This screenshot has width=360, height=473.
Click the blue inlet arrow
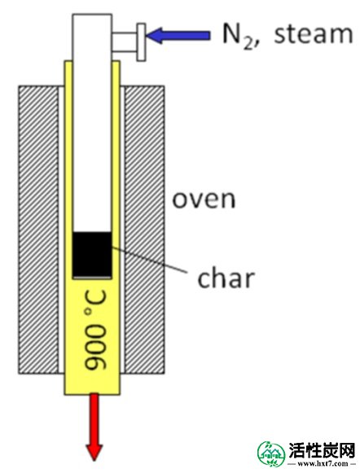tap(178, 35)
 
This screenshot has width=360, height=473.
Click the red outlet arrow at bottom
tap(94, 427)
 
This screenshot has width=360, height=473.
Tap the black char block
tap(92, 255)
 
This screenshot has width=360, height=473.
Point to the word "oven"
tap(204, 199)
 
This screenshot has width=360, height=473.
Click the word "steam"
tap(314, 33)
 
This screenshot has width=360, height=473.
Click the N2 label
tap(238, 35)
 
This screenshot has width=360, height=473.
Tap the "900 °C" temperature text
tap(95, 330)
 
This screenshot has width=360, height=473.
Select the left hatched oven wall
tap(38, 230)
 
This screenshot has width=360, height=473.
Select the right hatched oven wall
tap(144, 230)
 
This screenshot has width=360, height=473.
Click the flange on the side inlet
tap(141, 42)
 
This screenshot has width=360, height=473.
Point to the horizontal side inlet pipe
tap(125, 42)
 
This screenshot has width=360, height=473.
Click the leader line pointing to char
tap(149, 260)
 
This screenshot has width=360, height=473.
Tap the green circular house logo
tap(271, 454)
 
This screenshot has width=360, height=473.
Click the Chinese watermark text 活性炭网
tap(322, 451)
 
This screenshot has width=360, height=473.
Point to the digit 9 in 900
tap(95, 360)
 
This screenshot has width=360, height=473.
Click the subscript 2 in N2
tap(248, 44)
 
